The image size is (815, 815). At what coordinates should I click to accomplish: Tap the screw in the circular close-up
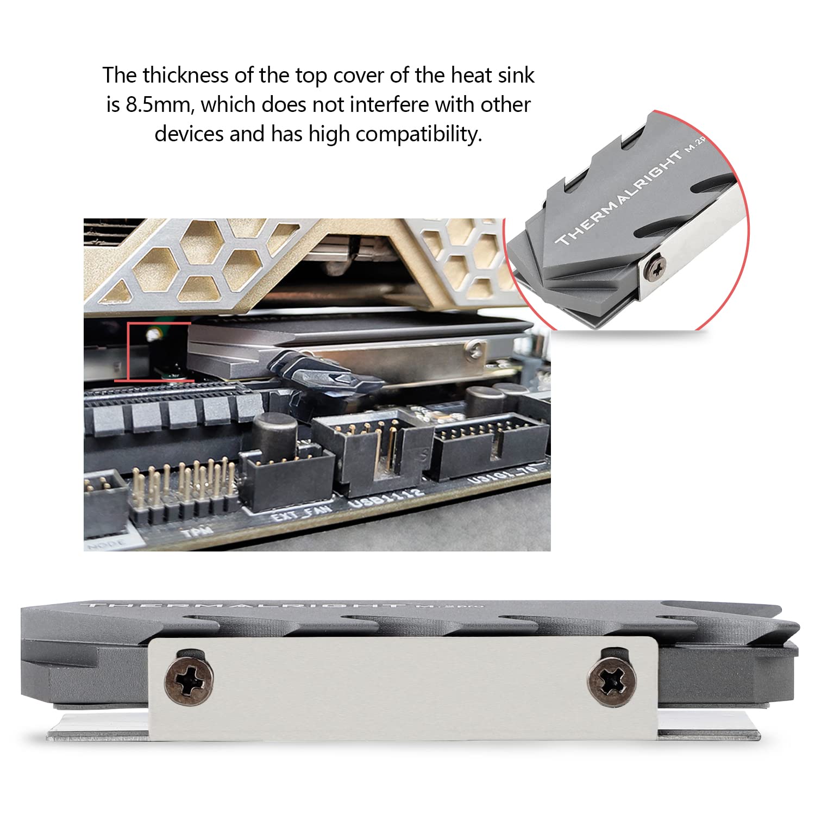click(x=656, y=267)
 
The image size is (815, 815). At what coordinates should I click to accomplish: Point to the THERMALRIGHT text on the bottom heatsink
click(x=244, y=605)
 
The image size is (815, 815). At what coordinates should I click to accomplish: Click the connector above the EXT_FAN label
click(x=288, y=478)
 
